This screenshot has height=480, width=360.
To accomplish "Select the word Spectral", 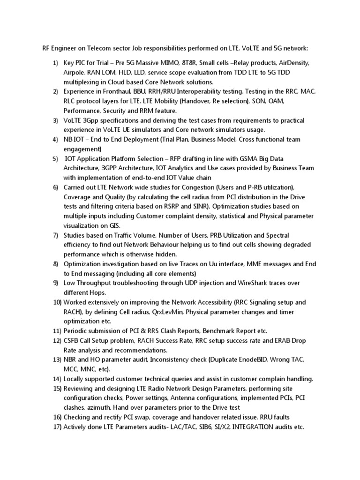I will pyautogui.click(x=277, y=235).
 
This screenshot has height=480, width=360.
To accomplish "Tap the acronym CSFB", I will pyautogui.click(x=73, y=340).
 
